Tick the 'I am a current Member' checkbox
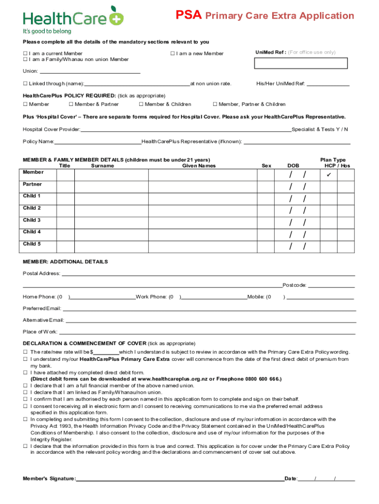(x=25, y=53)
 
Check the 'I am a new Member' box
(x=173, y=53)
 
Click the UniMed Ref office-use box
(x=301, y=63)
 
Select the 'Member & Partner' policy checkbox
(x=71, y=104)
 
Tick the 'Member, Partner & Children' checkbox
(x=215, y=104)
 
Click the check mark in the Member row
(x=329, y=175)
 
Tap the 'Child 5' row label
(x=32, y=244)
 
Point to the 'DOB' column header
(x=293, y=166)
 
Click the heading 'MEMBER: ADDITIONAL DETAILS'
(x=65, y=262)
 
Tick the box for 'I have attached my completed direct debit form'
(x=25, y=373)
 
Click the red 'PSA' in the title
(x=189, y=15)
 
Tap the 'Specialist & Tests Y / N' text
(x=320, y=129)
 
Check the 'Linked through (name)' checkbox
(x=25, y=84)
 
